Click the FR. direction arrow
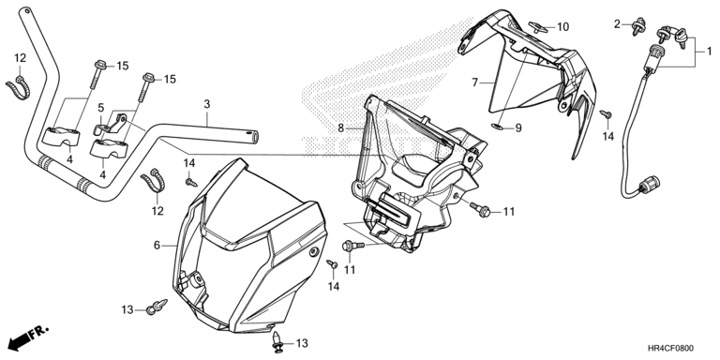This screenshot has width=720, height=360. (28, 337)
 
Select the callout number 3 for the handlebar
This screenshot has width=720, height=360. (207, 104)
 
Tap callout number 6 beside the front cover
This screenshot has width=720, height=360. (157, 246)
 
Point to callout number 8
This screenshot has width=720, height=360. (340, 128)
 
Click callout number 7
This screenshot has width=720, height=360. (474, 82)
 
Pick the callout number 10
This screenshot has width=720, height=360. (562, 27)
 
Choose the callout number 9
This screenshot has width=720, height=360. (518, 128)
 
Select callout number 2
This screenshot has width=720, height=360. (618, 23)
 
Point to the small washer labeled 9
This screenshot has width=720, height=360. (496, 126)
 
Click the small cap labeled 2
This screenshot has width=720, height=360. (638, 26)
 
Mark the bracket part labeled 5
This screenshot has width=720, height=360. (113, 124)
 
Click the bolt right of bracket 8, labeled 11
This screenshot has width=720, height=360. (480, 209)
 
